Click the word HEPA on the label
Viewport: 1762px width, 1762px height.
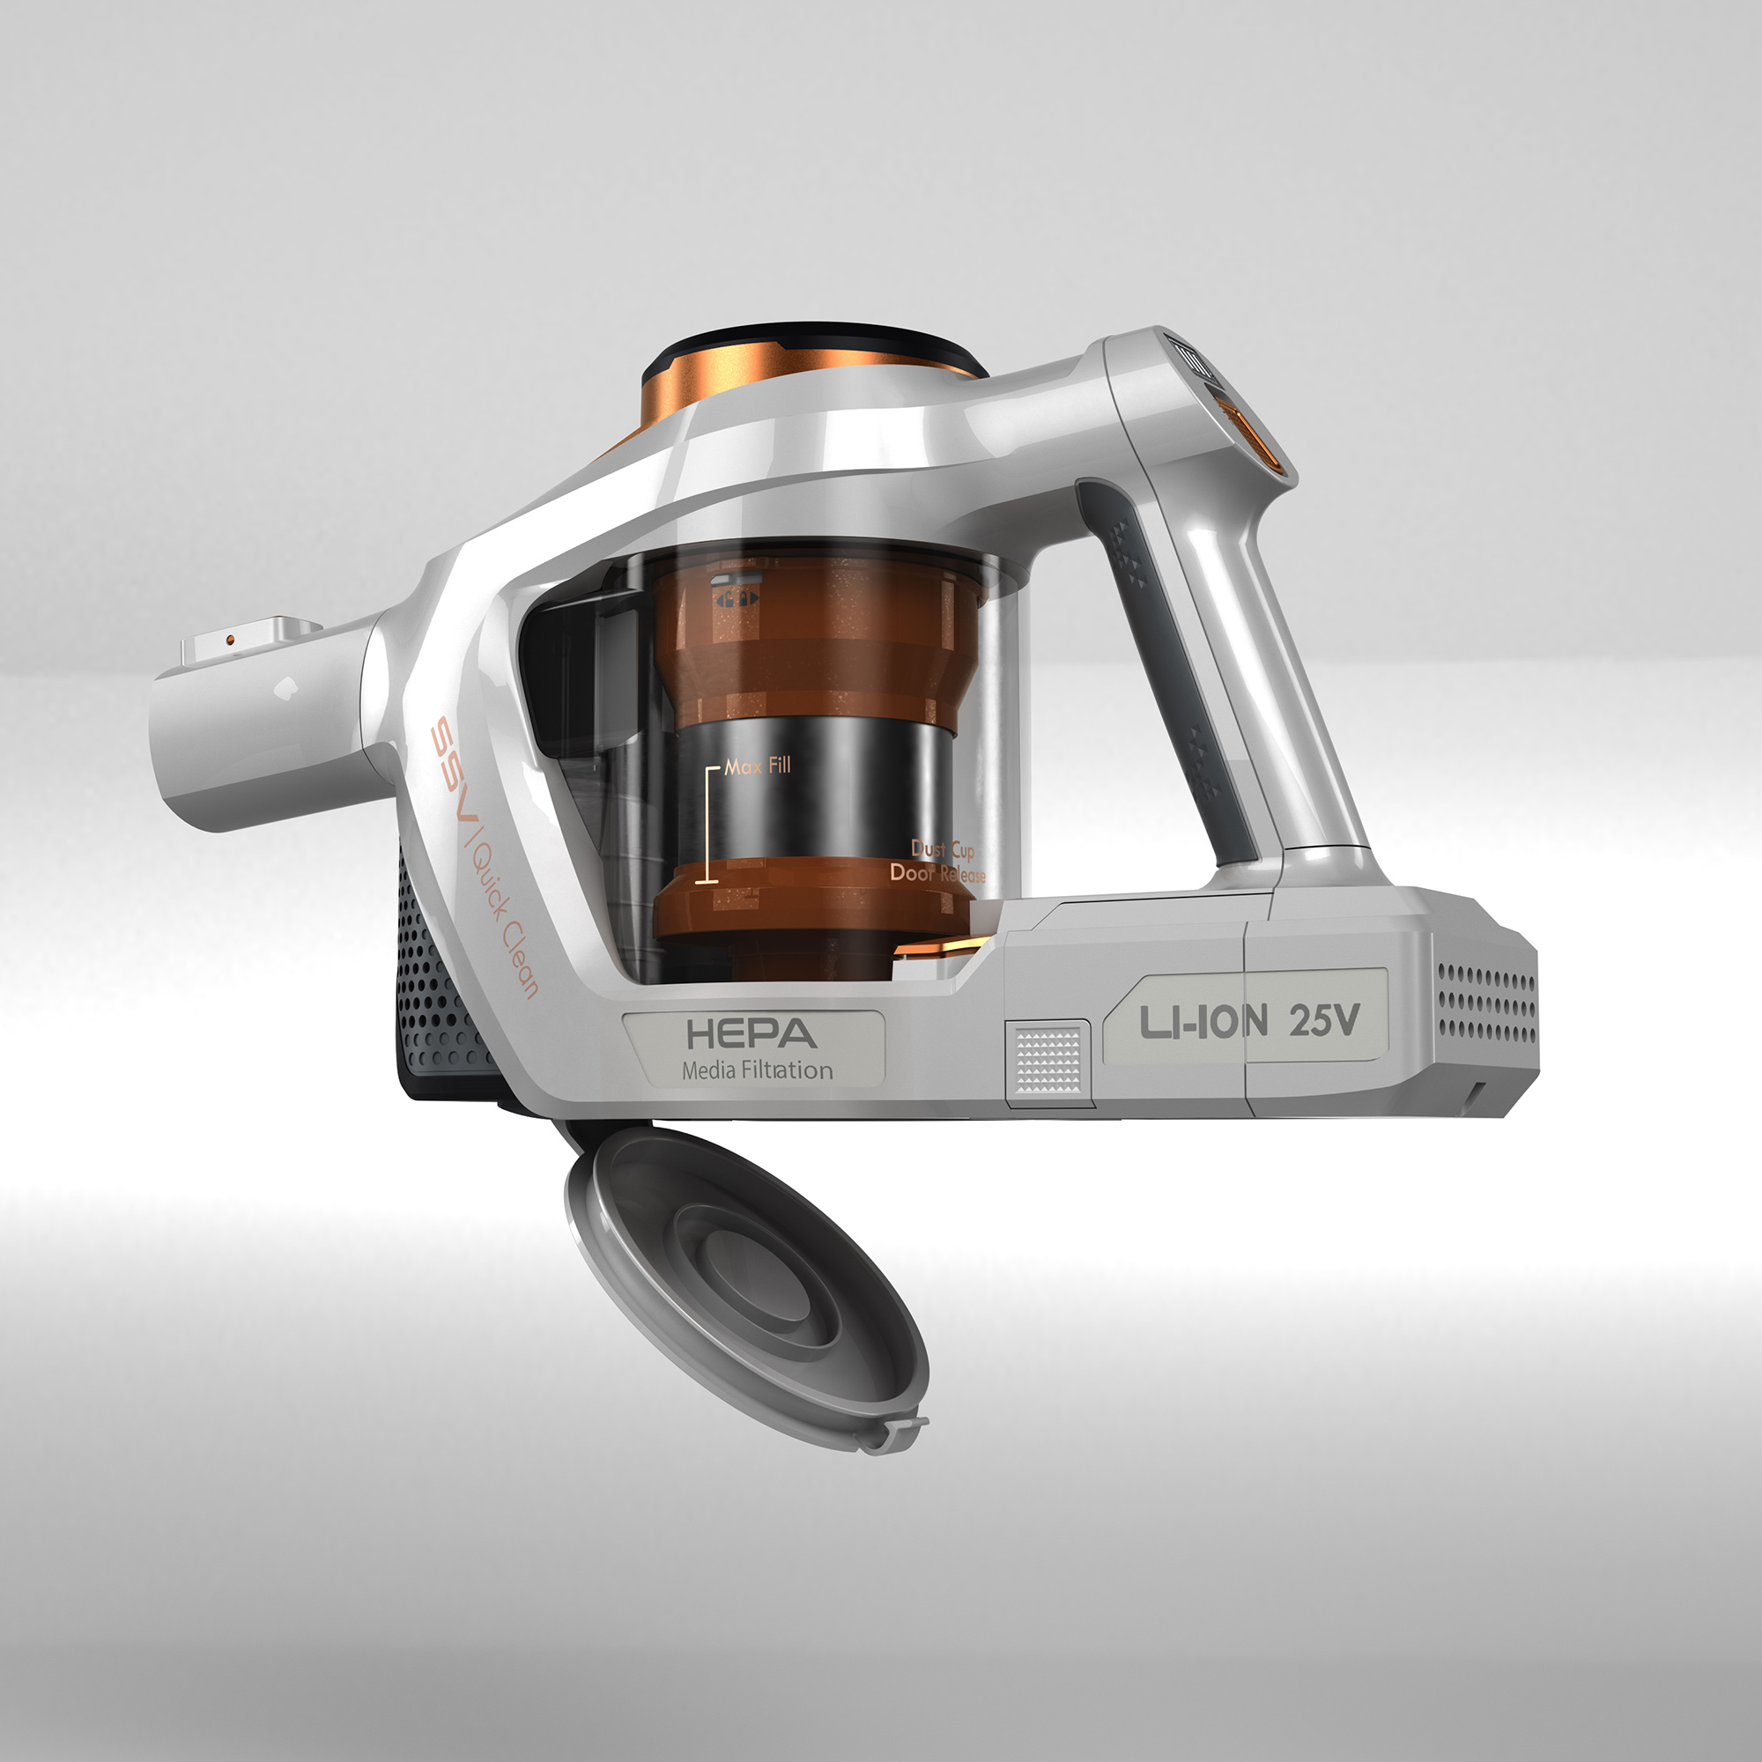[x=751, y=1033]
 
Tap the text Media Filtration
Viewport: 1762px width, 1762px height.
[x=757, y=1070]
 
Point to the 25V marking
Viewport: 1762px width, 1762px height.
[x=1324, y=1019]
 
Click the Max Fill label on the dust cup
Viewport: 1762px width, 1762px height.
[x=758, y=766]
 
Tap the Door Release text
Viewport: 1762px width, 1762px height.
[x=937, y=873]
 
